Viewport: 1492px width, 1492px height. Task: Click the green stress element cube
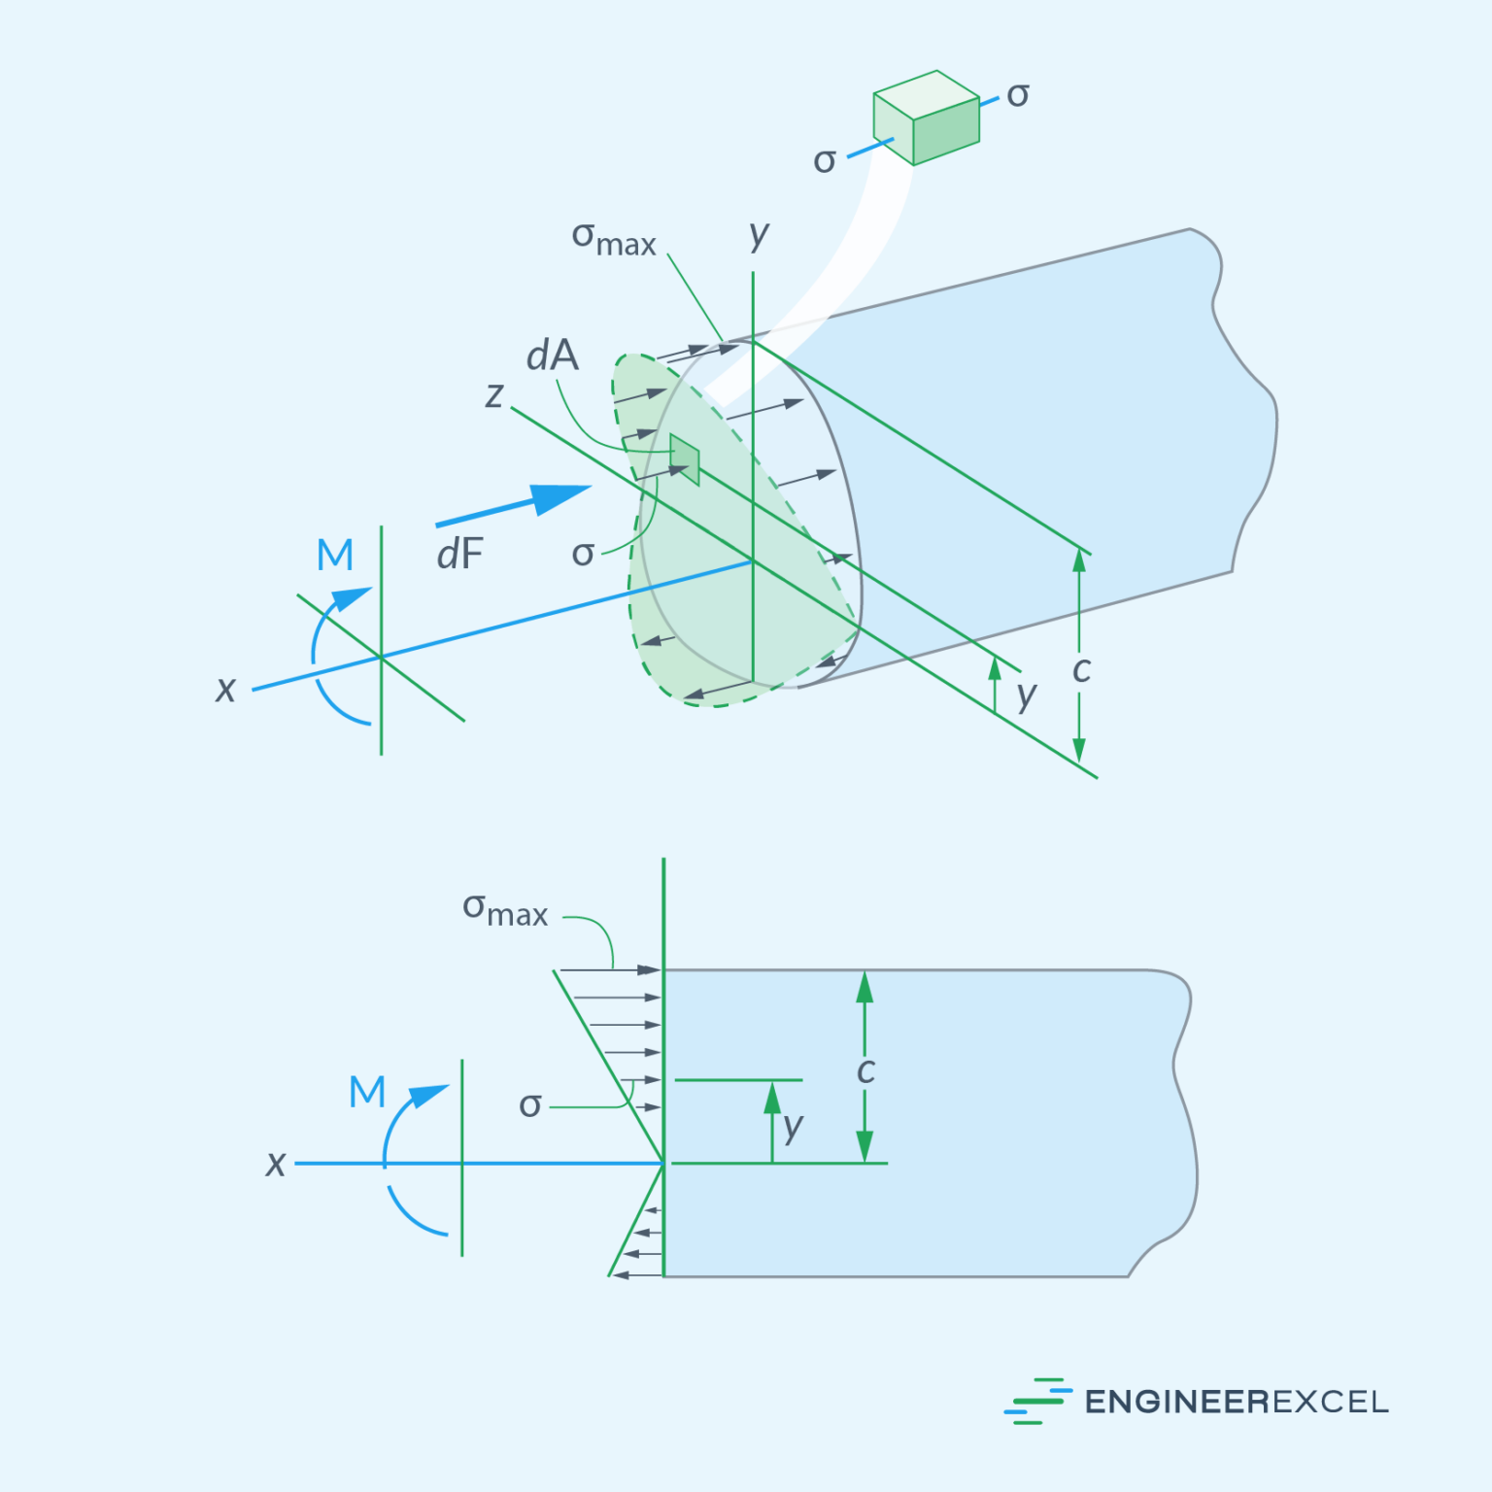coord(925,119)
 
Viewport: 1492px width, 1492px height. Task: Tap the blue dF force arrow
coord(515,506)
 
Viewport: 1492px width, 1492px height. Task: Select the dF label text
coord(459,555)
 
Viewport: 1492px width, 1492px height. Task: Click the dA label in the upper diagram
coord(552,356)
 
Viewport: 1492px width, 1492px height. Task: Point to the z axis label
coord(494,395)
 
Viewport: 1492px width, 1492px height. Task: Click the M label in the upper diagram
coord(335,556)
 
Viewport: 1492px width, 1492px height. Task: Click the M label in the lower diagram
coord(367,1093)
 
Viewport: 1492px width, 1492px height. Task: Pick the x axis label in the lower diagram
coord(276,1164)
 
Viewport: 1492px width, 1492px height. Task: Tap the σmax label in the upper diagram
coord(613,239)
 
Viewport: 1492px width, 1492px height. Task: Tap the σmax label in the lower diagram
coord(504,910)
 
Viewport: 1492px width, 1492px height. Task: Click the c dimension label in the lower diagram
coord(865,1071)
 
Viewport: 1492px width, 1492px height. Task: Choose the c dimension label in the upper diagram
coord(1081,670)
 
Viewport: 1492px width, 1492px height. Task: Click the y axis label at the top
coord(759,234)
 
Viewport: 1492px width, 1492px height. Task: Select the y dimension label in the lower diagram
coord(794,1127)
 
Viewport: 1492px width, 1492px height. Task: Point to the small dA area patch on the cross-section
coord(685,459)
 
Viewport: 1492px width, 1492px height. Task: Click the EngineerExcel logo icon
coord(1036,1401)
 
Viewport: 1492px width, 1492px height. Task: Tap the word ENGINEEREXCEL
coord(1236,1402)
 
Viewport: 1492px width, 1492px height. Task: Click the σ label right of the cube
coord(1017,95)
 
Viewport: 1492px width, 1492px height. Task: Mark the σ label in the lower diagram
coord(529,1105)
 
